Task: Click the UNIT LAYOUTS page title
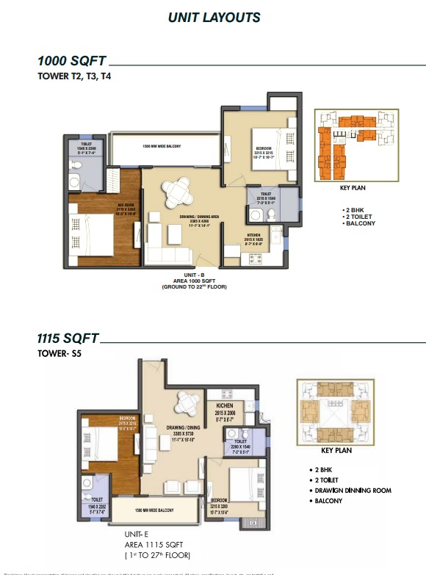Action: pos(214,17)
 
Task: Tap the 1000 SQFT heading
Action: pos(73,62)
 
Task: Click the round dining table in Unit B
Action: pos(178,192)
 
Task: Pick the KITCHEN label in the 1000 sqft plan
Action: pos(254,236)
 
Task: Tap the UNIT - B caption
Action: pos(194,273)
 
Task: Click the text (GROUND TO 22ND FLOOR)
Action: pos(194,286)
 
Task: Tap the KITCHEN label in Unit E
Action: pos(225,405)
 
